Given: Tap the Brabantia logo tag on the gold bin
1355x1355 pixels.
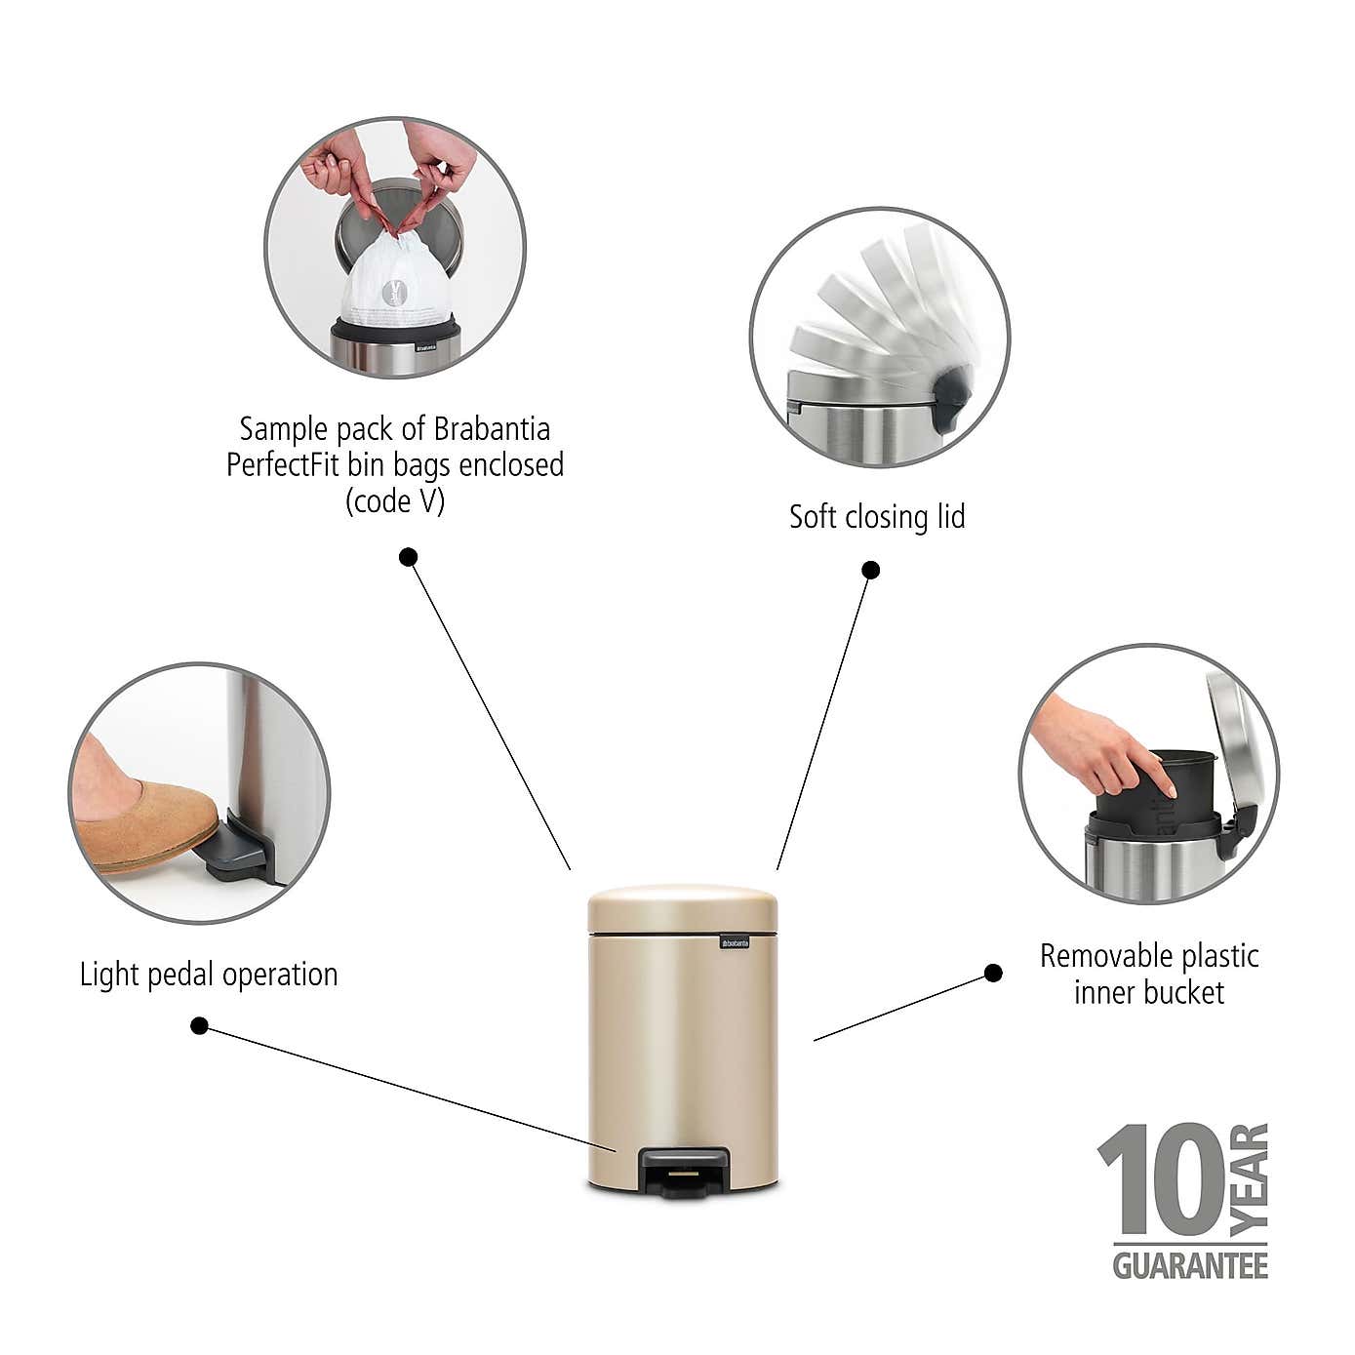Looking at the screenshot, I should [735, 941].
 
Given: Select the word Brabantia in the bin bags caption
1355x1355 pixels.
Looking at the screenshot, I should [492, 429].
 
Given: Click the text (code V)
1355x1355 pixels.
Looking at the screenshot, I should [395, 501].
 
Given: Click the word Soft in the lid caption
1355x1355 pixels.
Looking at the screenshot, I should [811, 516].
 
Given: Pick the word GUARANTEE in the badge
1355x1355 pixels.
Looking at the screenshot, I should [1190, 1265].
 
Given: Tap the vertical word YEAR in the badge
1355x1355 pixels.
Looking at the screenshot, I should [1250, 1178].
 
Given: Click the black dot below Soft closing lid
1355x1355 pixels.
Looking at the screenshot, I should [871, 570].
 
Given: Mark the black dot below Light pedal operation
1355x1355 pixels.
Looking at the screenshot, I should [199, 1025].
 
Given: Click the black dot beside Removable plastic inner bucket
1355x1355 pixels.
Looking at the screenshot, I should [993, 973].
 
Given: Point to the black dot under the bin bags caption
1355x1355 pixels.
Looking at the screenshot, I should [409, 557].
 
